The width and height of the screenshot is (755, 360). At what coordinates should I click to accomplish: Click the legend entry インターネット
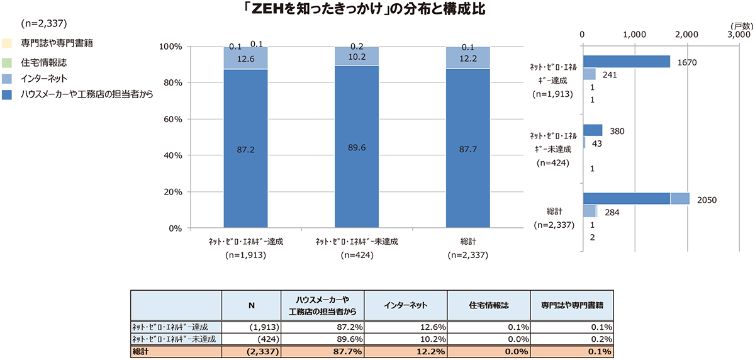[44, 79]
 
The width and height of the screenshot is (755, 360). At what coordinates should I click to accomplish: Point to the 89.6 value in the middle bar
[357, 148]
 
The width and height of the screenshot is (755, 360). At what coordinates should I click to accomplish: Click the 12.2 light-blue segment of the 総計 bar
[467, 58]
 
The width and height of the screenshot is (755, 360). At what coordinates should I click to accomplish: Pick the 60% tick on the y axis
[172, 119]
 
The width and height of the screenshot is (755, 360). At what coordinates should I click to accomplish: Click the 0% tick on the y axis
[174, 228]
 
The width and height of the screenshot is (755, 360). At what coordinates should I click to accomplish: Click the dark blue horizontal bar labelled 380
[593, 130]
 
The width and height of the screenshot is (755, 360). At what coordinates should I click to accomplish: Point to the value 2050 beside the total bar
[707, 200]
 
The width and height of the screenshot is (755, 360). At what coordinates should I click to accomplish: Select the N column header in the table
[251, 305]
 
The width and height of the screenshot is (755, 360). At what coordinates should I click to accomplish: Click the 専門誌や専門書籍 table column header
[572, 305]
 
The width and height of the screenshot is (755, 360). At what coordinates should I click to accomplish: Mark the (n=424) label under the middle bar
[357, 256]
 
